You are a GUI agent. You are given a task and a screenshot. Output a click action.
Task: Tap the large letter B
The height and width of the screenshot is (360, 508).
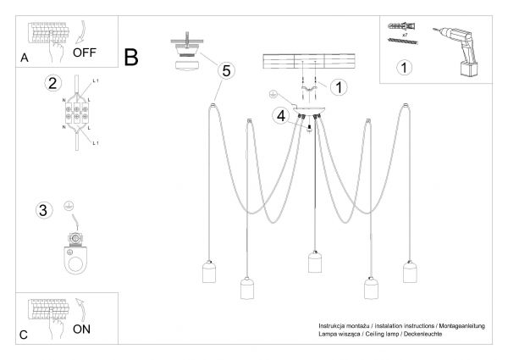click(131, 58)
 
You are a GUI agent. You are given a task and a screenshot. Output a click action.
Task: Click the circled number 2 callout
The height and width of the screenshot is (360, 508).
click(53, 83)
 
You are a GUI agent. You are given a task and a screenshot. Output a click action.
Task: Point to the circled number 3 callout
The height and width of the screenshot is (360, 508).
click(42, 209)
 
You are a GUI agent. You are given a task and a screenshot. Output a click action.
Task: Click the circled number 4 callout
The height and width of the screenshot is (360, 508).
click(281, 115)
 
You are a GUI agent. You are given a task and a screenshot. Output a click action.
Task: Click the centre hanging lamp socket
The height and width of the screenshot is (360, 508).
click(312, 263)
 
